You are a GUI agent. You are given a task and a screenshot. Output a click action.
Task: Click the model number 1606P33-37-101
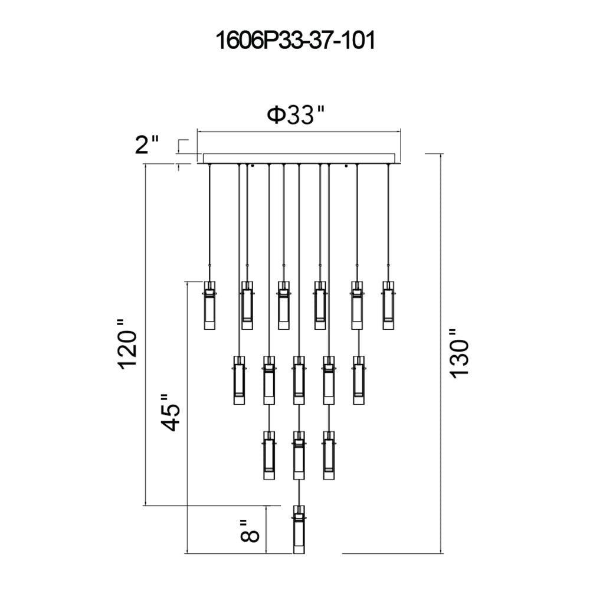295,42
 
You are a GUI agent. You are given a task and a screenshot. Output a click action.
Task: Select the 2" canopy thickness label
147,145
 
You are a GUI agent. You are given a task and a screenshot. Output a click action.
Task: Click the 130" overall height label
459,353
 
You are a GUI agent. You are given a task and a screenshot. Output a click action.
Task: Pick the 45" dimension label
171,412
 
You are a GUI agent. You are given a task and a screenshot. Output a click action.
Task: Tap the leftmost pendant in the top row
209,305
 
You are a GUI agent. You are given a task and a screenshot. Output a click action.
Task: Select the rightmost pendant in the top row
388,305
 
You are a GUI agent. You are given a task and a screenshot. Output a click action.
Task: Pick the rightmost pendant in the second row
358,380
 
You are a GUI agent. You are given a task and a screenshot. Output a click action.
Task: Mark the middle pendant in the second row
299,380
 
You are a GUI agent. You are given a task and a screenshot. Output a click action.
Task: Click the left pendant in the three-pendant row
268,455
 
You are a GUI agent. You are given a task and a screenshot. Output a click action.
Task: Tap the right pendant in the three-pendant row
328,455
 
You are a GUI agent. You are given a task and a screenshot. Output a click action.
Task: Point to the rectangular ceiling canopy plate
299,158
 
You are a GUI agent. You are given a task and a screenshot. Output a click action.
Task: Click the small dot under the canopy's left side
252,166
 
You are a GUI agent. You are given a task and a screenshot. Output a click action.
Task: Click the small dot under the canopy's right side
346,166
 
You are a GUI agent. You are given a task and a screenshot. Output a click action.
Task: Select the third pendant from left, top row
284,305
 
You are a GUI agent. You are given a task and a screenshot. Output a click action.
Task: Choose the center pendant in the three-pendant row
299,455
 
